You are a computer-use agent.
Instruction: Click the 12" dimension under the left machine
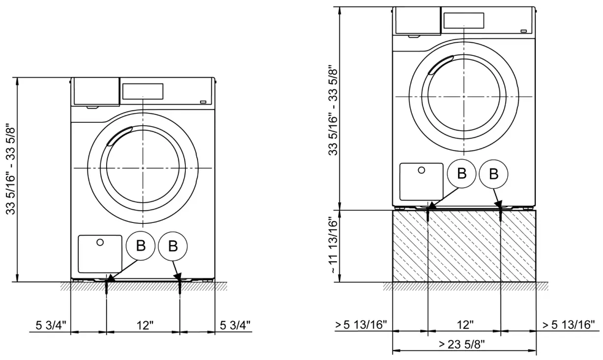coord(144,325)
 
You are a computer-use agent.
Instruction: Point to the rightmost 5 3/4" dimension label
coord(234,325)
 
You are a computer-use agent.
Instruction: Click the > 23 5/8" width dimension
coord(464,344)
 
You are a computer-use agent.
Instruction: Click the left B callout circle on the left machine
coord(141,246)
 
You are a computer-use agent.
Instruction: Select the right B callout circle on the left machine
coord(173,246)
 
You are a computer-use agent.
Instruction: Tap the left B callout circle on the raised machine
coord(461,174)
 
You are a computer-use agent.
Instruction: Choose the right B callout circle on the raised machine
coord(494,174)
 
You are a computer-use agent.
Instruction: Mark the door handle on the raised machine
coord(440,65)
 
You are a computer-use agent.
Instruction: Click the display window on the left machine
coord(143,91)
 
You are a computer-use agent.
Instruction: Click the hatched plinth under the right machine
coord(464,246)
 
